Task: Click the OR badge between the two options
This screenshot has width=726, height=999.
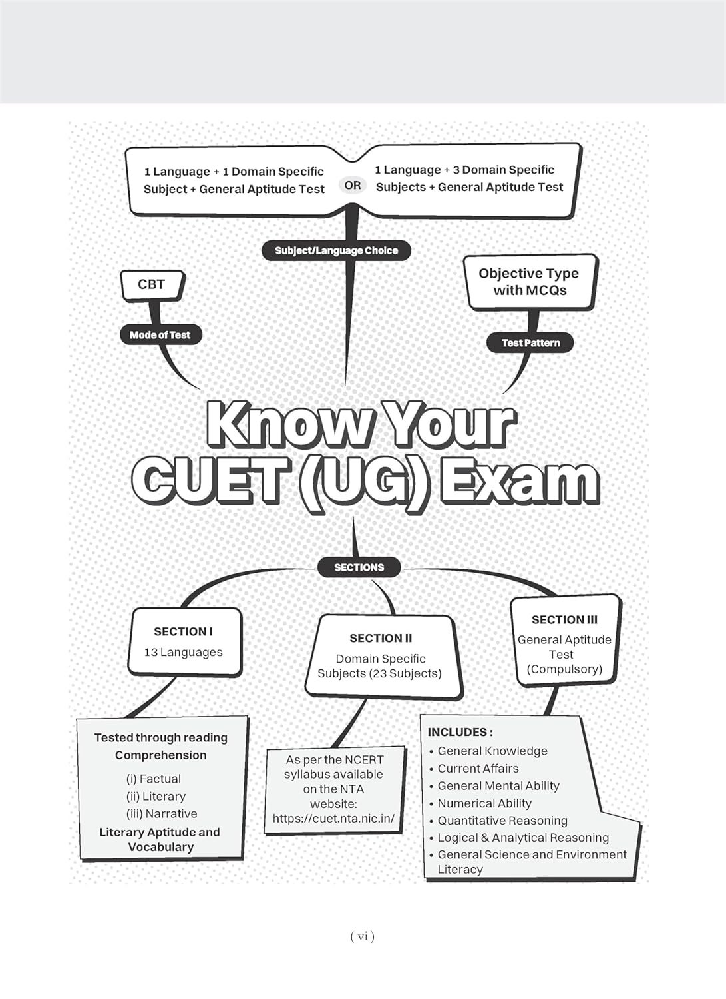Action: (x=353, y=186)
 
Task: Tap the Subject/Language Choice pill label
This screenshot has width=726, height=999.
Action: (x=336, y=250)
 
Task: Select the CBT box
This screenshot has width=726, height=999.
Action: (x=152, y=286)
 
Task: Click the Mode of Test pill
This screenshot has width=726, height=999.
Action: (x=160, y=335)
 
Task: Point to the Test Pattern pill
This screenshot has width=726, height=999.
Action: (x=530, y=343)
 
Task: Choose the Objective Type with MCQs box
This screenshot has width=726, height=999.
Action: (x=530, y=282)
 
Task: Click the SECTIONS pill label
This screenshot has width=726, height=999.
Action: (x=359, y=567)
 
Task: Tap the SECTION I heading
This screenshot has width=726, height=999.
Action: (x=183, y=631)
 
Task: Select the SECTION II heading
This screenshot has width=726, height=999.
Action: (x=381, y=638)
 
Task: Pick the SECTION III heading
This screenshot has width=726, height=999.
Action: (x=564, y=619)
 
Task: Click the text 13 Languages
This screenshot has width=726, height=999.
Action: (x=183, y=652)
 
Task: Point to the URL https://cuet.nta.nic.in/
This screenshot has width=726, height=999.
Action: (x=333, y=819)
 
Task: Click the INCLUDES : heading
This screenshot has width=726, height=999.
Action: (x=460, y=732)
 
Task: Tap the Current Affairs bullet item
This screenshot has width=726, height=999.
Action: (x=478, y=768)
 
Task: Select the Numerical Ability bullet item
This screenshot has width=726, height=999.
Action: (x=484, y=803)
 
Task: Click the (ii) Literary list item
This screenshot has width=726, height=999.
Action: (x=156, y=796)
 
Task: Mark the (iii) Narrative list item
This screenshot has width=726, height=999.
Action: (x=161, y=813)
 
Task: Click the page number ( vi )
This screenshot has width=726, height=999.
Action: (x=362, y=936)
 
